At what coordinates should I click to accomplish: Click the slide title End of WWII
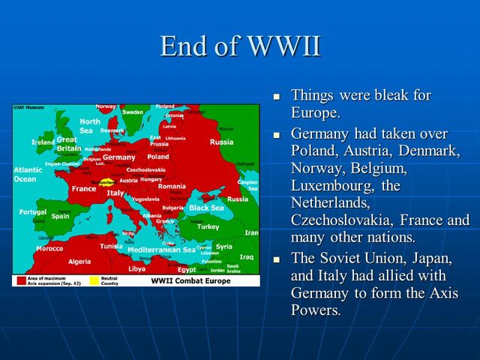pyautogui.click(x=240, y=46)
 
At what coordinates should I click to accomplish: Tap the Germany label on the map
pyautogui.click(x=118, y=157)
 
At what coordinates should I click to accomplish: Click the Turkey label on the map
pyautogui.click(x=208, y=226)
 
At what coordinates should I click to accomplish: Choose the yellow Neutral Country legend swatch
pyautogui.click(x=94, y=280)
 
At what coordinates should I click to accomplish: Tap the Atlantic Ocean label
pyautogui.click(x=26, y=175)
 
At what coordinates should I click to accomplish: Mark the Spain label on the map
pyautogui.click(x=60, y=216)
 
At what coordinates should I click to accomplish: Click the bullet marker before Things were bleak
pyautogui.click(x=276, y=97)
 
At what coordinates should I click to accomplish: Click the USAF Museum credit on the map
pyautogui.click(x=27, y=108)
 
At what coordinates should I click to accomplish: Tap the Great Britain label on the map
pyautogui.click(x=67, y=144)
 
